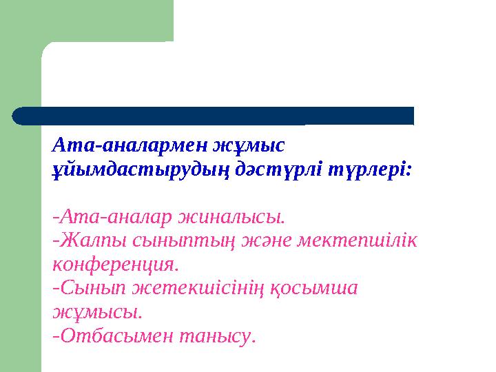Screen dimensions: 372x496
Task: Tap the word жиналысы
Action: pos(231,218)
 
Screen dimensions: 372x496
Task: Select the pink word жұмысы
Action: pos(97,312)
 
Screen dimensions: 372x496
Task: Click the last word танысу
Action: pos(217,336)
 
